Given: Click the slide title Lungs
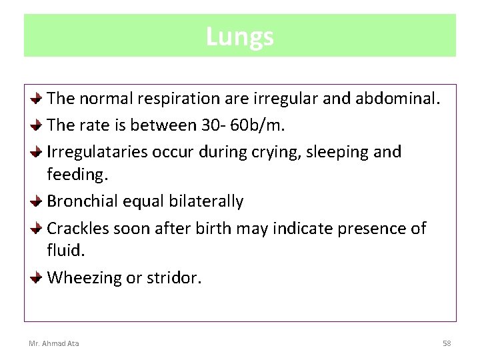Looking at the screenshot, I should click(x=239, y=36).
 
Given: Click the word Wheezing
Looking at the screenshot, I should click(x=85, y=278).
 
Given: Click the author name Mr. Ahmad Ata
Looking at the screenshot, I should click(x=53, y=343).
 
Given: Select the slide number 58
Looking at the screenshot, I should click(x=447, y=343).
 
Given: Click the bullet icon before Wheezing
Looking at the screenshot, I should click(x=38, y=277).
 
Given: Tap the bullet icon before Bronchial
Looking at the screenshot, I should click(x=38, y=200).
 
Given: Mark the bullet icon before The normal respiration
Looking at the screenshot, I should click(x=38, y=98).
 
